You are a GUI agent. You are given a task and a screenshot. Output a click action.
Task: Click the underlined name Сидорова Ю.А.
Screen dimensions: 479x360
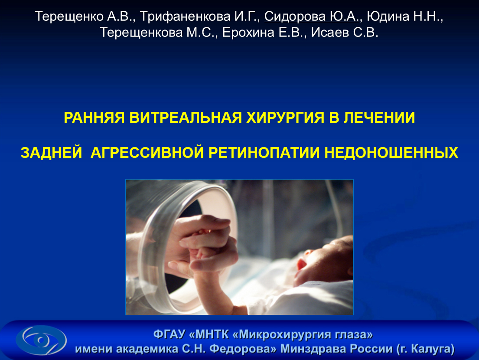[312, 16]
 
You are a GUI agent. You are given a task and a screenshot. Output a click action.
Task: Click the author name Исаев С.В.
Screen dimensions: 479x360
[345, 33]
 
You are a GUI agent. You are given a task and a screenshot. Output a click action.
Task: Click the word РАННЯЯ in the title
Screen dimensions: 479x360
[94, 118]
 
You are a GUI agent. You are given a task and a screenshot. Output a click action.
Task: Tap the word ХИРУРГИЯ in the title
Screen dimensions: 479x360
[285, 118]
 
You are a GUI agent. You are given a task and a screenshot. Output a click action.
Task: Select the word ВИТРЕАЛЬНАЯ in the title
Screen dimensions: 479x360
[186, 118]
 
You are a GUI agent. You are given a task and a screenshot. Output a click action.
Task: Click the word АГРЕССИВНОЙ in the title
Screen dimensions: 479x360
[147, 153]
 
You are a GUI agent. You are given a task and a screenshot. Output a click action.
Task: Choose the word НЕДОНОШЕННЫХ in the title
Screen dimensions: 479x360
[391, 153]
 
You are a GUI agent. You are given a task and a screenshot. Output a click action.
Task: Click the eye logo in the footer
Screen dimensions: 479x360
[41, 340]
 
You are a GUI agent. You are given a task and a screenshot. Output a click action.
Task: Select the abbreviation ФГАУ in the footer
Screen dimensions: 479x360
[169, 334]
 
